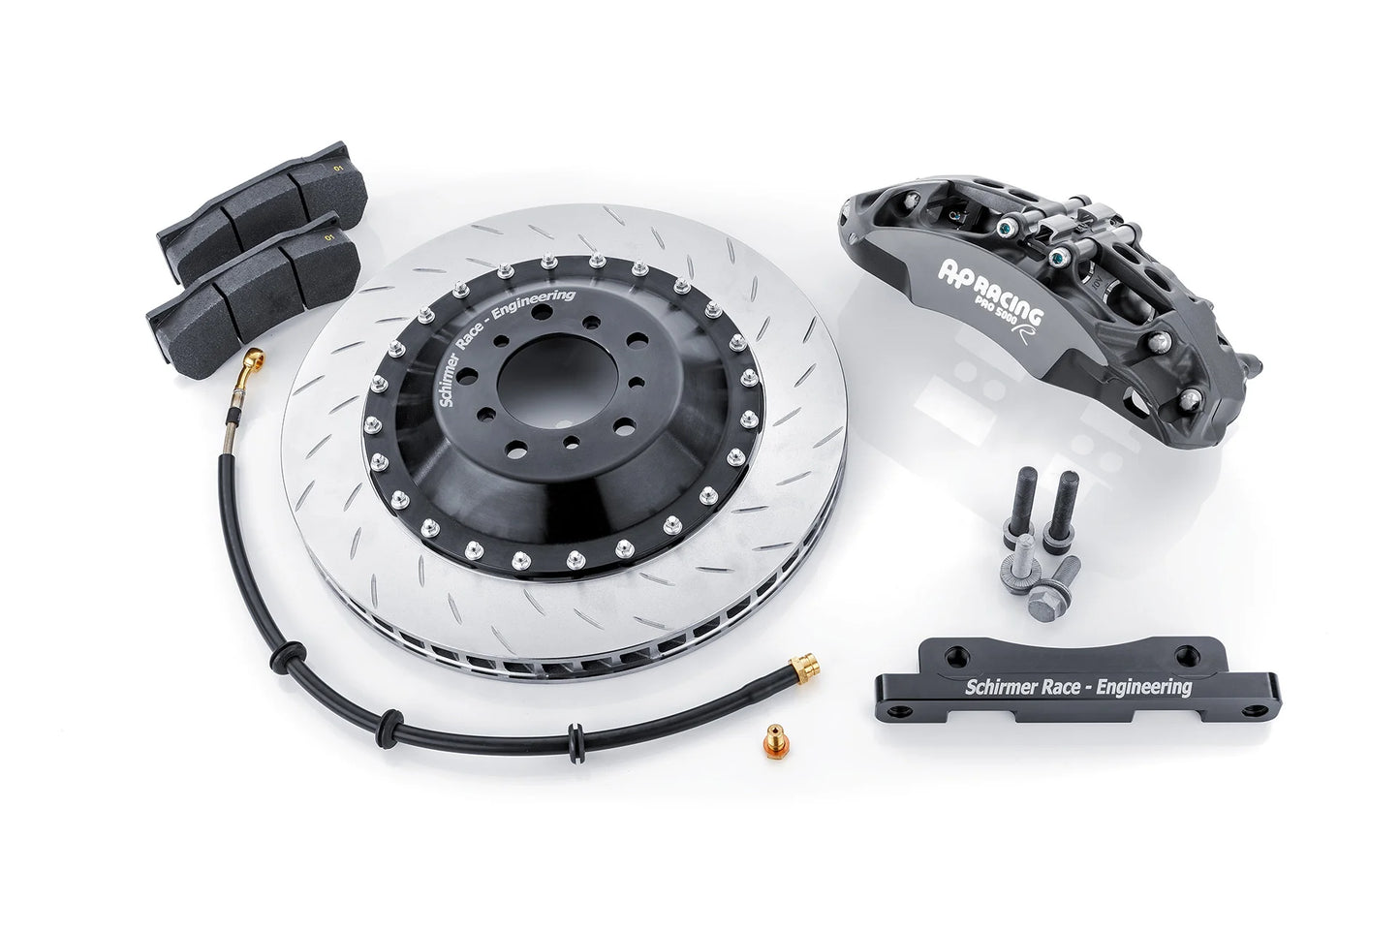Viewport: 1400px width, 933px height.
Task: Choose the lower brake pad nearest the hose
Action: [255, 275]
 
